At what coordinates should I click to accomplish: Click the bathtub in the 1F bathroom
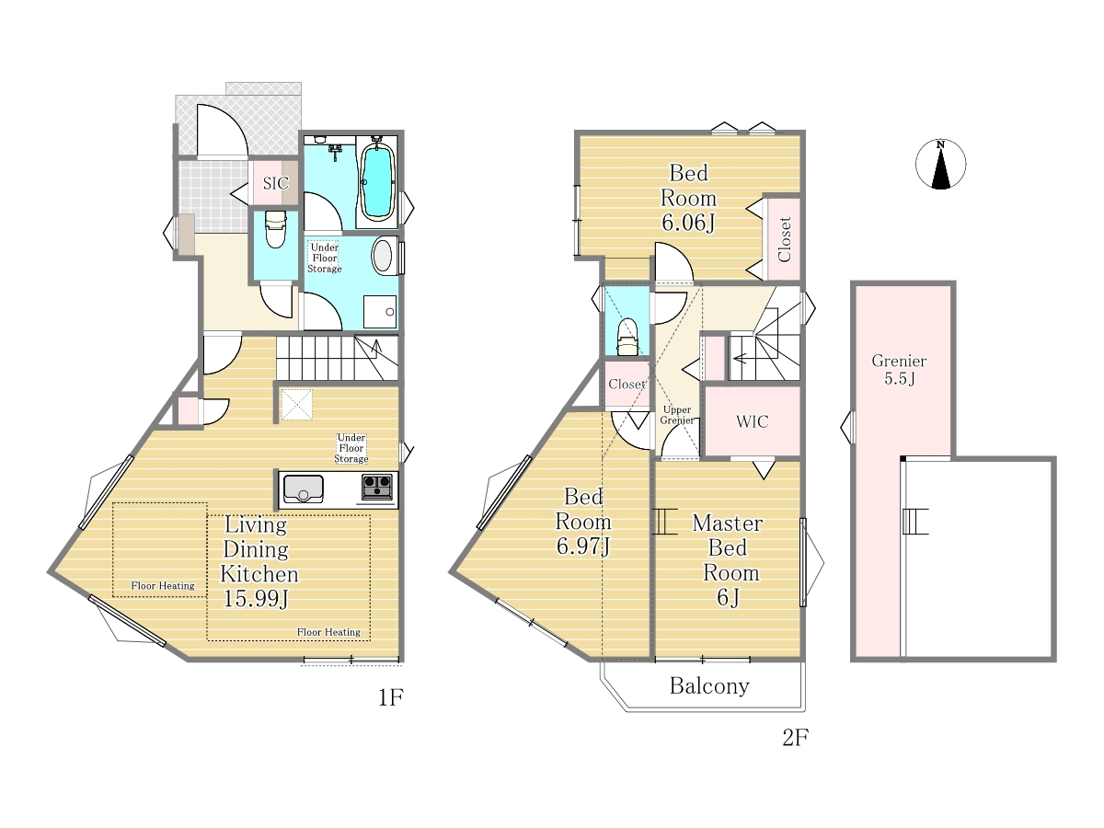[376, 181]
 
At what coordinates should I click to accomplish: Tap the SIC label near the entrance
[276, 183]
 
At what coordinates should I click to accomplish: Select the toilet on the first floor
[276, 229]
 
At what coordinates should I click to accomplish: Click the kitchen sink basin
[303, 489]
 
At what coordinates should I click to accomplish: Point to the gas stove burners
[377, 486]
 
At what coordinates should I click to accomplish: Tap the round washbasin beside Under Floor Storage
[383, 256]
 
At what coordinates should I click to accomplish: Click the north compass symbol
[940, 164]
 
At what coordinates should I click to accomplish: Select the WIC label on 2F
[752, 421]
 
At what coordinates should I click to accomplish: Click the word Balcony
[709, 686]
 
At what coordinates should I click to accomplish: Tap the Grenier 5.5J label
[899, 370]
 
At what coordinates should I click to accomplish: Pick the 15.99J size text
[256, 599]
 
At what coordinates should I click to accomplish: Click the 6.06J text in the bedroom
[688, 223]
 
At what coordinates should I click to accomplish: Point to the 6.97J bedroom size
[583, 546]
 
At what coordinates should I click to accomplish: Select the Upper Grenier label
[677, 415]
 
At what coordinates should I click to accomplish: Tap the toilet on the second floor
[627, 337]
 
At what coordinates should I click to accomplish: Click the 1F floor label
[391, 697]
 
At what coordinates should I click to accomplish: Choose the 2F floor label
[795, 738]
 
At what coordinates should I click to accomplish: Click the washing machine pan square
[380, 312]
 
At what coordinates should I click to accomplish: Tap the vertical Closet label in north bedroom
[784, 239]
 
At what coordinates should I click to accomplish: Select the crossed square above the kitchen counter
[296, 404]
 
